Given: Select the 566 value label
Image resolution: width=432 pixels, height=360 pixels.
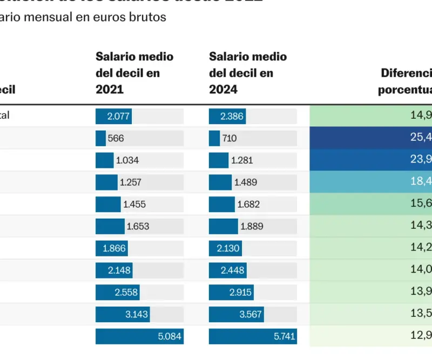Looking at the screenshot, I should tap(116, 138).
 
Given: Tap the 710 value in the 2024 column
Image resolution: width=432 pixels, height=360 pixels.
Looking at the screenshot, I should tap(229, 138).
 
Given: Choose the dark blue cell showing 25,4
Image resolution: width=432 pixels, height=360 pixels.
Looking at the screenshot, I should tap(371, 138).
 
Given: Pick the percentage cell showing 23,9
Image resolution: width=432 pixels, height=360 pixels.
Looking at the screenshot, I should tap(371, 160).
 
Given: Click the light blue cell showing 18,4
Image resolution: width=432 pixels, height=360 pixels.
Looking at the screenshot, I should tap(371, 182).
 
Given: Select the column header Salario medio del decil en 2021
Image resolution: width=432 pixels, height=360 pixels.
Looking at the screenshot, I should tap(134, 73).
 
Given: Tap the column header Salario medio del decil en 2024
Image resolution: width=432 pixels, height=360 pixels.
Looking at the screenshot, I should tap(248, 73).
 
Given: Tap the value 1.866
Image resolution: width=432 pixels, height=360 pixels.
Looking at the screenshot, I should tap(114, 248).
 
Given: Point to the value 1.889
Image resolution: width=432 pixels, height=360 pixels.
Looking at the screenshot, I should tap(252, 227).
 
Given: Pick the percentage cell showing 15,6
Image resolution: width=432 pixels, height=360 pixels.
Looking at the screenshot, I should tap(371, 205).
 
